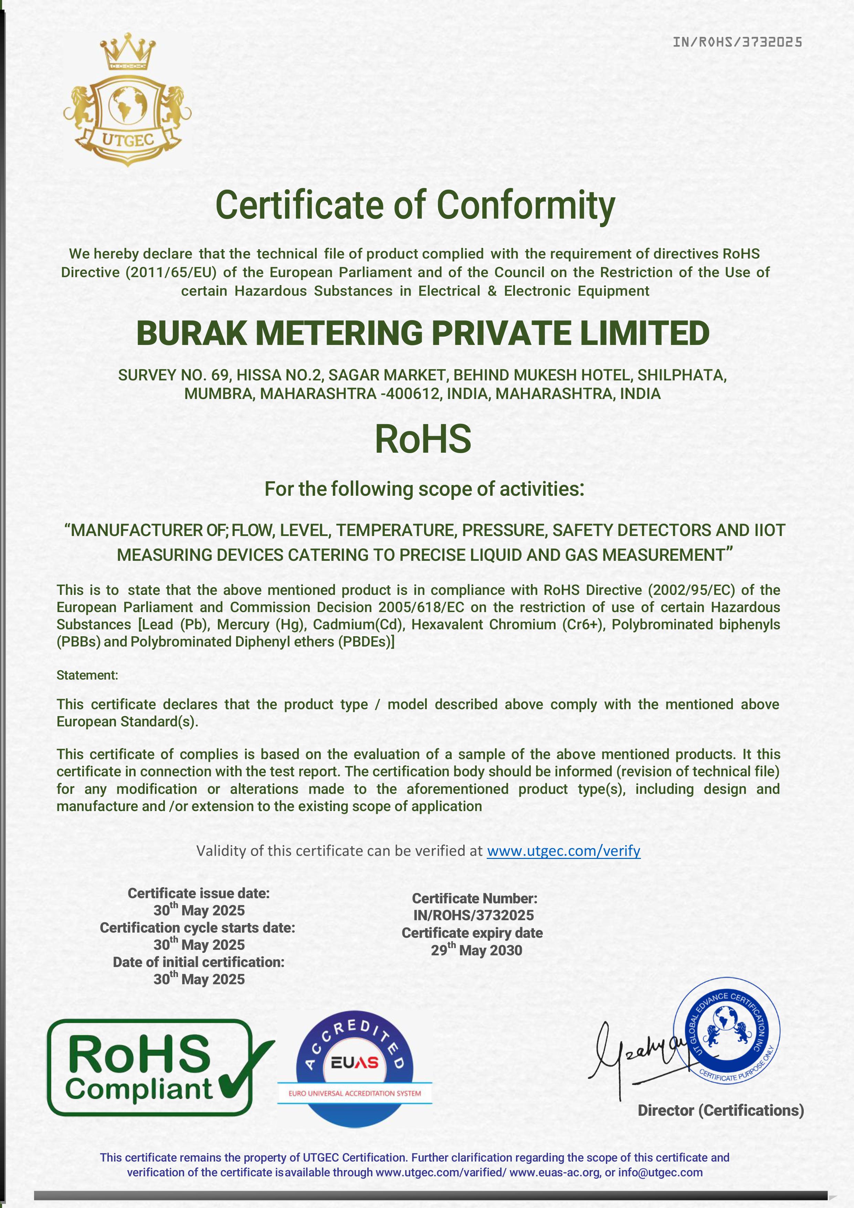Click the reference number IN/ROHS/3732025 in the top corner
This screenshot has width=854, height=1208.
[x=737, y=42]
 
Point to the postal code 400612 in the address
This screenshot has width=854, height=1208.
[x=408, y=393]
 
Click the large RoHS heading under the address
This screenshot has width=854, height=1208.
[x=423, y=439]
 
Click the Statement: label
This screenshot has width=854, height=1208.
[x=87, y=675]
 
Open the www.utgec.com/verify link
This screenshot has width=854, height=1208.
[x=563, y=851]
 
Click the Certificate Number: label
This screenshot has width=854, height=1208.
[x=475, y=898]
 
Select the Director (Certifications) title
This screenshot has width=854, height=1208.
[x=720, y=1110]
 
